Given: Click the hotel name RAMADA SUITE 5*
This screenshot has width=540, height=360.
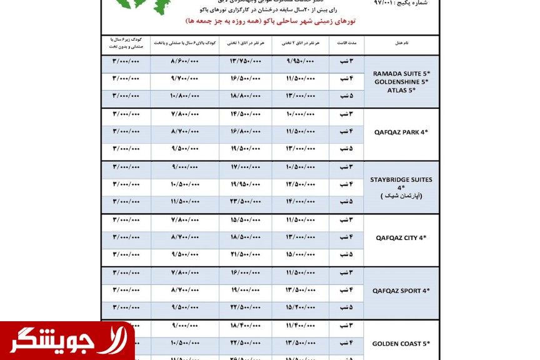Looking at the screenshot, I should pyautogui.click(x=401, y=73).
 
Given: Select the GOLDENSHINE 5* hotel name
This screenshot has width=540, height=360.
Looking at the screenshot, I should pyautogui.click(x=401, y=82).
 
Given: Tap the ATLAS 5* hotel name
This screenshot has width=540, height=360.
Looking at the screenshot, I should pyautogui.click(x=401, y=90).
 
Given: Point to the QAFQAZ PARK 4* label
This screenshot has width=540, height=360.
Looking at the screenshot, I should pyautogui.click(x=401, y=132).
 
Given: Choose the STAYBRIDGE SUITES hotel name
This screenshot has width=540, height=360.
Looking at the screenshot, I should pyautogui.click(x=401, y=180).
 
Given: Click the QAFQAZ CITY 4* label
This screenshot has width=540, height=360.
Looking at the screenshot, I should pyautogui.click(x=401, y=237).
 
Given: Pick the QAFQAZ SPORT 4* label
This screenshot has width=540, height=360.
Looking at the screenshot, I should pyautogui.click(x=401, y=291).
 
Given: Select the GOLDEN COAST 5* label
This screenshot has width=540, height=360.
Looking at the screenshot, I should pyautogui.click(x=401, y=344).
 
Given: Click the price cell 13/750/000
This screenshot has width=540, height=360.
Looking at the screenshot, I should pyautogui.click(x=245, y=61).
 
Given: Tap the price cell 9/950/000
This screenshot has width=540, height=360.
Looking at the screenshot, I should pyautogui.click(x=301, y=61).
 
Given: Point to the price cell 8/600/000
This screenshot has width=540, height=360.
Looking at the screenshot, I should pyautogui.click(x=184, y=61).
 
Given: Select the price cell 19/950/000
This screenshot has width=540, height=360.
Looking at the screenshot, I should pyautogui.click(x=245, y=184).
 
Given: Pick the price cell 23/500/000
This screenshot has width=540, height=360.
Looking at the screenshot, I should pyautogui.click(x=245, y=202).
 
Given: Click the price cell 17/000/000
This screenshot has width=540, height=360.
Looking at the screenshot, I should pyautogui.click(x=245, y=167).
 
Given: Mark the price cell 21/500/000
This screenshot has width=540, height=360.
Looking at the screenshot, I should pyautogui.click(x=245, y=254).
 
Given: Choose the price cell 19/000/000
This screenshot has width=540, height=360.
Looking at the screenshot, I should pyautogui.click(x=245, y=290).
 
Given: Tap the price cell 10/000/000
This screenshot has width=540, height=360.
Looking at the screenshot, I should pyautogui.click(x=301, y=114).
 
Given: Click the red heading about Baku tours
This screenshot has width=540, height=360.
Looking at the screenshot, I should pyautogui.click(x=270, y=21).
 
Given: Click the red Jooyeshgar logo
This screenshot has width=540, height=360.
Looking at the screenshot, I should pyautogui.click(x=67, y=341).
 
